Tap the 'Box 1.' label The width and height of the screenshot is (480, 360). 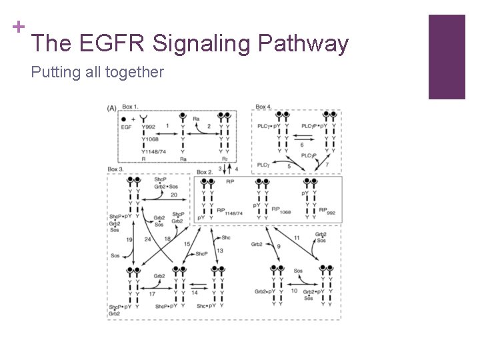(x=131, y=107)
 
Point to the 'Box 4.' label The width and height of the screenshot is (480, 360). (x=263, y=107)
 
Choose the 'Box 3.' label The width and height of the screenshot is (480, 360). (x=116, y=170)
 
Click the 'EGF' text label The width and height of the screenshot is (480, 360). (x=127, y=126)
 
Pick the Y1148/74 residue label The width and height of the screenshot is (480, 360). (x=153, y=151)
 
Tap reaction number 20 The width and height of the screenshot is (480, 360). (x=174, y=195)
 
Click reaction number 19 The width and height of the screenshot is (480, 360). (x=129, y=239)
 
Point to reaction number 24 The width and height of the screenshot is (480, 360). (x=147, y=239)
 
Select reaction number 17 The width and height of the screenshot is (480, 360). (x=152, y=293)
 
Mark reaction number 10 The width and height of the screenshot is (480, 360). (x=294, y=291)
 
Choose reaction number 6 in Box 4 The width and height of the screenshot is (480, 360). (x=302, y=145)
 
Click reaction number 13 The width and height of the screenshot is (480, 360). (x=219, y=250)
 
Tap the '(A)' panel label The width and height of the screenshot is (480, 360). (x=111, y=107)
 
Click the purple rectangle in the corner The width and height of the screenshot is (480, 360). (x=446, y=57)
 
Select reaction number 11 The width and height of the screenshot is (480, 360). (x=297, y=238)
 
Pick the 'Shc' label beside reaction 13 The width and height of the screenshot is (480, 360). (x=226, y=237)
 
